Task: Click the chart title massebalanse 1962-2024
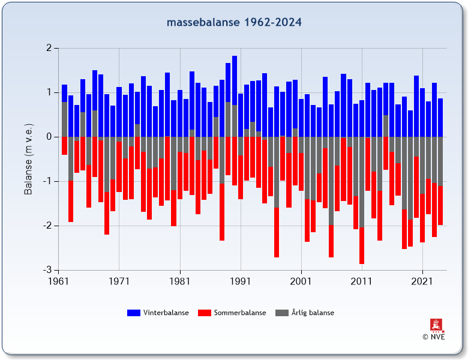point(234,23)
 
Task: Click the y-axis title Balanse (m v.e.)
point(28,159)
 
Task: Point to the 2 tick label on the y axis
point(48,48)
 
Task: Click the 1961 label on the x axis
point(58,280)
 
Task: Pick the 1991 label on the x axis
point(240,280)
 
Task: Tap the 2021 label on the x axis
point(422,280)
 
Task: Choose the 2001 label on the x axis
point(301,280)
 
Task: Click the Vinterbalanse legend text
point(166,313)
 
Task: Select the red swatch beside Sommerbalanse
point(205,313)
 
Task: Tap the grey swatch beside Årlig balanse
point(282,313)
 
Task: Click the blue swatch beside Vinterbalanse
point(134,313)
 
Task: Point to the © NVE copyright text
point(433,337)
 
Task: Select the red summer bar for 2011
point(362,246)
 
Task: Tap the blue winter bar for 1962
point(64,93)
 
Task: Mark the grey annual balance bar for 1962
point(64,119)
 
